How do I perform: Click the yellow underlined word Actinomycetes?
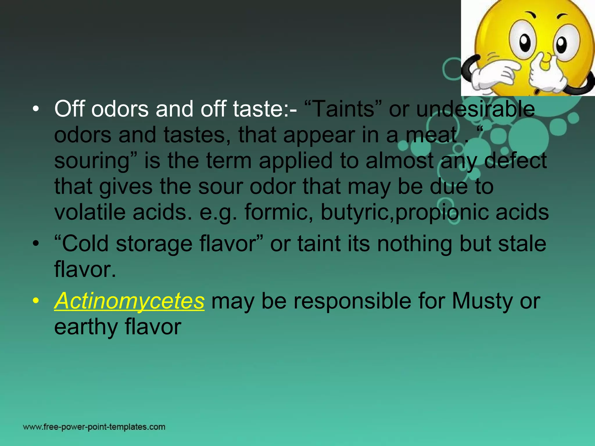129,301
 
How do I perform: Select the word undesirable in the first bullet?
475,109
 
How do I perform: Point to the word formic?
276,212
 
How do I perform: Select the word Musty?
482,301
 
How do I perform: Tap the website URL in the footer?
94,427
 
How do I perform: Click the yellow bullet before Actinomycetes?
35,301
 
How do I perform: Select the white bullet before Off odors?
35,109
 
